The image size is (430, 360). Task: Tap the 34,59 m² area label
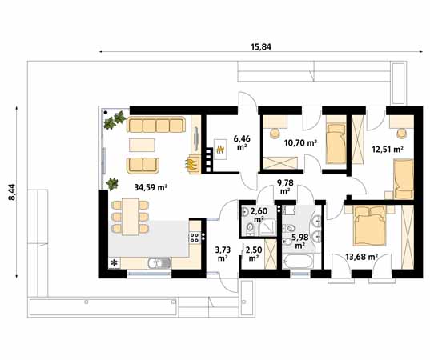tap(149, 188)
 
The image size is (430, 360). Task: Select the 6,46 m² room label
tap(241, 142)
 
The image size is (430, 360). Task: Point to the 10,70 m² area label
tap(300, 143)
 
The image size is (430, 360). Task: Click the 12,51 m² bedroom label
tap(387, 148)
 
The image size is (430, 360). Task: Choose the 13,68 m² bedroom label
tap(360, 256)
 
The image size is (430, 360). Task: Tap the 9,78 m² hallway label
tap(283, 187)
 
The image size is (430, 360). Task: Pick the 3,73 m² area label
tap(222, 253)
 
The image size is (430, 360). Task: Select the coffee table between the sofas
tap(143, 145)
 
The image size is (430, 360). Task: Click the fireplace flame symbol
tap(191, 164)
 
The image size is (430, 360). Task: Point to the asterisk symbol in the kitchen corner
tap(114, 262)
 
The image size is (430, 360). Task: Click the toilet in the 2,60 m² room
tap(250, 230)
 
